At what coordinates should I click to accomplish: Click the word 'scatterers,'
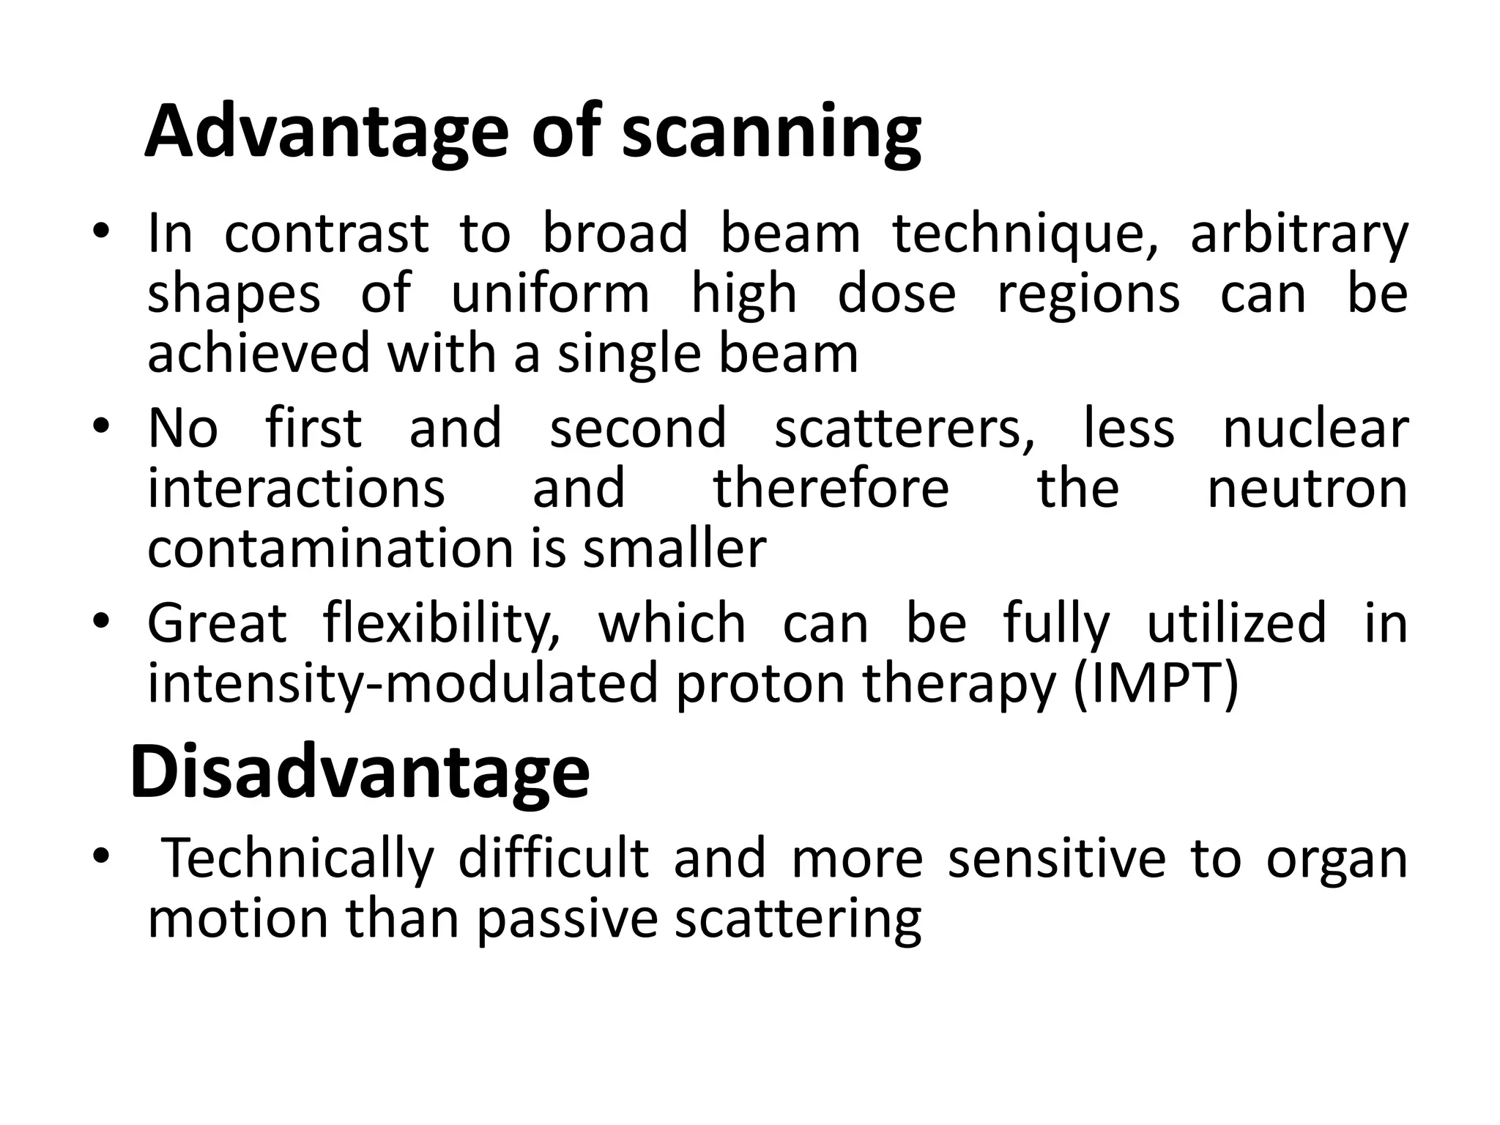[905, 428]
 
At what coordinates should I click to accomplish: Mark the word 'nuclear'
[1315, 428]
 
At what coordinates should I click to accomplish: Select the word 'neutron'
[1307, 489]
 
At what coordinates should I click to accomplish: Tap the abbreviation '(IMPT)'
[1156, 683]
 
